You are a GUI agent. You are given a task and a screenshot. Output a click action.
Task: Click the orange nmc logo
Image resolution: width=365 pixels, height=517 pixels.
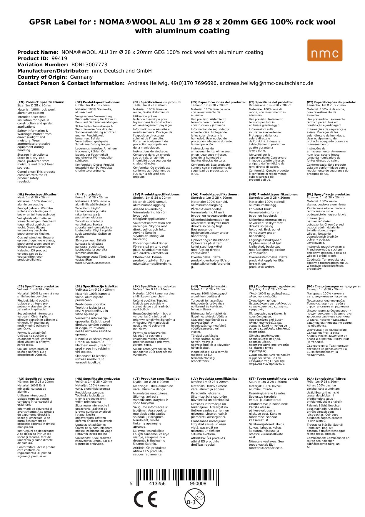[325, 50]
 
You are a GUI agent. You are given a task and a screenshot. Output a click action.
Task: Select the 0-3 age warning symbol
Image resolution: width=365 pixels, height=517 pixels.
[194, 499]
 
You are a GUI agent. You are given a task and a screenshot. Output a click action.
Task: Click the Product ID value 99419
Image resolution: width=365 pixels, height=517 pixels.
[59, 58]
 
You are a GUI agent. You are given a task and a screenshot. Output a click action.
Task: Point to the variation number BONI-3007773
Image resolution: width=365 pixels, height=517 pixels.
[89, 65]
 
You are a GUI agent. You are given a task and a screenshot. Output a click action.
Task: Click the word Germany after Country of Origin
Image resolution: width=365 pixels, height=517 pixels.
[81, 77]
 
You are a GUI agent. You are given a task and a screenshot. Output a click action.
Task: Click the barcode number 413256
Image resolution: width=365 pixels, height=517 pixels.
[157, 484]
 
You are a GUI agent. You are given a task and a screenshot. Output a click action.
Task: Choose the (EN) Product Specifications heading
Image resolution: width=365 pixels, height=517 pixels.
[41, 102]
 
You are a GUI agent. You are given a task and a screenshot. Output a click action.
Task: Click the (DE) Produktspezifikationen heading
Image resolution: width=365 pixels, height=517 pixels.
[98, 102]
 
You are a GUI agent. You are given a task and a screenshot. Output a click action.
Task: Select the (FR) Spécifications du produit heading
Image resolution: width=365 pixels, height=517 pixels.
[157, 102]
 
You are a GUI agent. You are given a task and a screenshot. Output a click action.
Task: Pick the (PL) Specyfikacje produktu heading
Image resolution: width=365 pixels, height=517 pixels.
[328, 195]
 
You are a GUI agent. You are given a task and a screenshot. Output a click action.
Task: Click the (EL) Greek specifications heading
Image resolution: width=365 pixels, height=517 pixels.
[273, 286]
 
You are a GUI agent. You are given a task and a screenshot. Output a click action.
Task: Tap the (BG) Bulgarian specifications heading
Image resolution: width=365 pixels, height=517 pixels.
[334, 286]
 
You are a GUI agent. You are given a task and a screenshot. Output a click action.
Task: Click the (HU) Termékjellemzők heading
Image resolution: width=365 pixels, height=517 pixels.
[209, 286]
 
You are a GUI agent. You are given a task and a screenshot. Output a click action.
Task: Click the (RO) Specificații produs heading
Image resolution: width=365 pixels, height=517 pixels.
[36, 378]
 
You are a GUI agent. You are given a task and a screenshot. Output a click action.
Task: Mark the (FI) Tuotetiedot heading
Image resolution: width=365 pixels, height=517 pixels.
[88, 195]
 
